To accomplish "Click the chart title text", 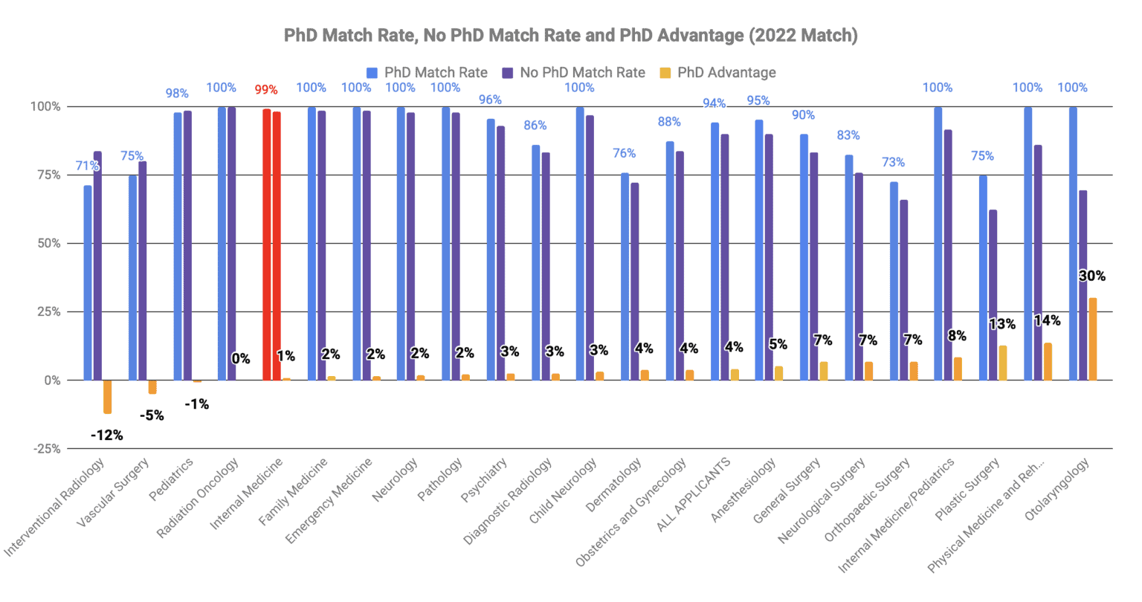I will [x=570, y=36].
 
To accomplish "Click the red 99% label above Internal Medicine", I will [x=266, y=90].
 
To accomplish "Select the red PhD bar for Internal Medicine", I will [x=267, y=245].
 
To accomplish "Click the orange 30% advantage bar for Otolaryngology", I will [x=1092, y=339].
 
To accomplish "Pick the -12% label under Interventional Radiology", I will [x=106, y=436].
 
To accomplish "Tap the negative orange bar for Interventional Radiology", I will [x=108, y=397].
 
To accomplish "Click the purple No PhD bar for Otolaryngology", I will [x=1083, y=285].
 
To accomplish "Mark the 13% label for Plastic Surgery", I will [x=1001, y=324].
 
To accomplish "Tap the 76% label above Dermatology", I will [x=624, y=154].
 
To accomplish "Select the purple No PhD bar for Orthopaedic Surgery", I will [x=903, y=290].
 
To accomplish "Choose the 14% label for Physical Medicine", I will [x=1047, y=321].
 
